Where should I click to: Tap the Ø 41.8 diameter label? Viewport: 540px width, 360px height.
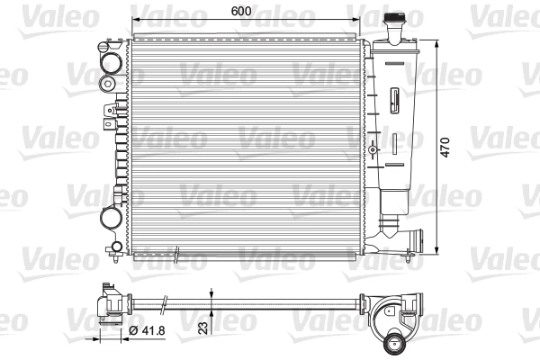tap(149, 331)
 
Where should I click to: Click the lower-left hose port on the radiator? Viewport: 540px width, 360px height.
tap(110, 217)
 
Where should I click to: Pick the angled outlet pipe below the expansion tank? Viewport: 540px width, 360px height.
tap(406, 240)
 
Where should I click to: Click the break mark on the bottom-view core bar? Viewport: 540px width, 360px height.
tap(165, 303)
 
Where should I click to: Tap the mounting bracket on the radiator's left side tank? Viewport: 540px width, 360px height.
tap(110, 112)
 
